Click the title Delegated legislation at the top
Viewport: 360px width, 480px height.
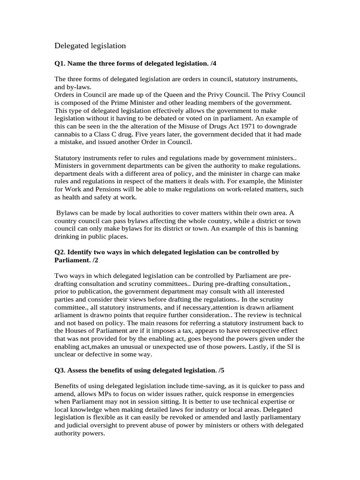pyautogui.click(x=90, y=45)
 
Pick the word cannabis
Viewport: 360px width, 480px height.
pyautogui.click(x=68, y=135)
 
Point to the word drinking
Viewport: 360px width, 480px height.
pyautogui.click(x=68, y=236)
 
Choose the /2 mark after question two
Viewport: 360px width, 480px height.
pyautogui.click(x=95, y=260)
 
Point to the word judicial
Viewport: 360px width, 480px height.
pyautogui.click(x=79, y=426)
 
